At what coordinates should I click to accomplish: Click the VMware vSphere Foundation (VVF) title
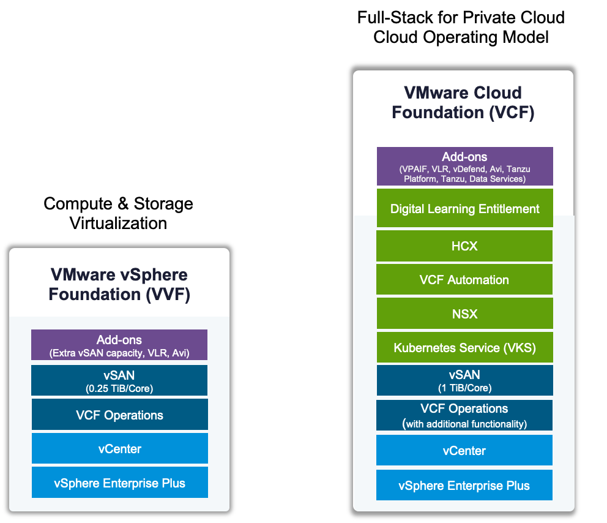point(119,284)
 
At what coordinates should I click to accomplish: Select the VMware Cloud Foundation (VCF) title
point(463,103)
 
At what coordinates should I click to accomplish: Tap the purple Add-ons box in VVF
point(119,345)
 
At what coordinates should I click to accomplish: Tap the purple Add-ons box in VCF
point(464,166)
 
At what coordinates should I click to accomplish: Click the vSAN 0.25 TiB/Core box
point(119,380)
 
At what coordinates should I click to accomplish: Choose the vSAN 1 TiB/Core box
point(464,380)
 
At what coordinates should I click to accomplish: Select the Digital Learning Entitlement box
point(464,209)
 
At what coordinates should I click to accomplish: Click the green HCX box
point(464,246)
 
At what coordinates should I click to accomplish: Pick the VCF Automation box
point(464,280)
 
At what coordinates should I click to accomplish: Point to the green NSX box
point(464,314)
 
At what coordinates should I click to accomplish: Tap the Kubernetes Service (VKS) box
point(464,348)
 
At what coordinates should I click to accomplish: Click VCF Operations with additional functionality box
point(464,415)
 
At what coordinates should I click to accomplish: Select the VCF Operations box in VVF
point(119,415)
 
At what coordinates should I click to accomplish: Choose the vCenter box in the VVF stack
point(119,449)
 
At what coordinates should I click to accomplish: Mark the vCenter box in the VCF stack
point(464,451)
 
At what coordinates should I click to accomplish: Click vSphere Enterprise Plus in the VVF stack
point(119,483)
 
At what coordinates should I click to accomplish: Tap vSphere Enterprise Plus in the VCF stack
point(464,486)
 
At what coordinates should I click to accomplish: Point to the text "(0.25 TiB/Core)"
point(119,388)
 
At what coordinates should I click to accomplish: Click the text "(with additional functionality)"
point(464,424)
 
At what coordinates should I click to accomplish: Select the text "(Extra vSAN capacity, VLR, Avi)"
point(119,353)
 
